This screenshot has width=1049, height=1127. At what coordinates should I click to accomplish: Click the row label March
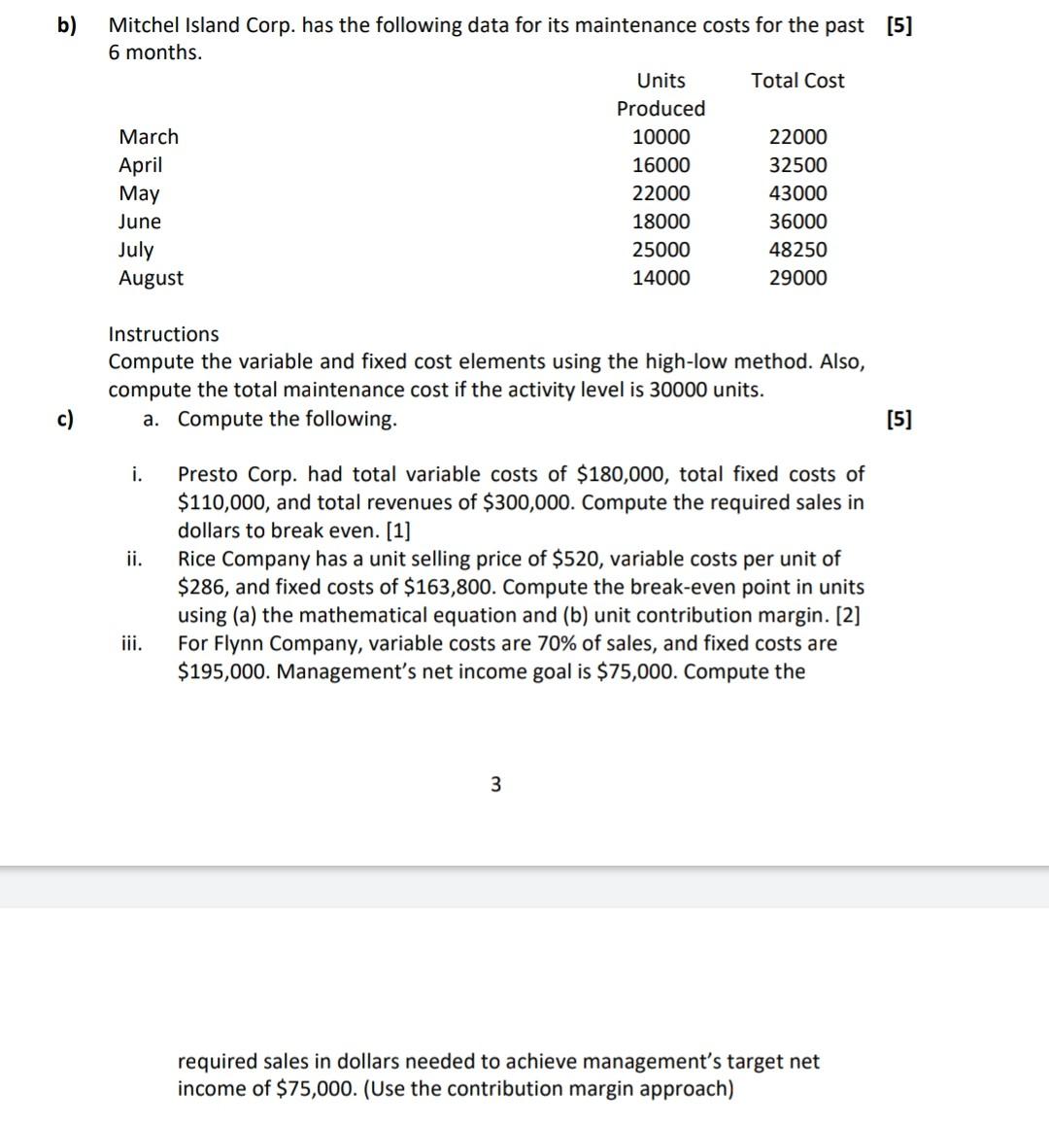click(149, 137)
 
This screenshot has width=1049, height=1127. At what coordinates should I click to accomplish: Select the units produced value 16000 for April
click(661, 165)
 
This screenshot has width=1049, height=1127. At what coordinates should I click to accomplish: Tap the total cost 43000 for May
click(797, 193)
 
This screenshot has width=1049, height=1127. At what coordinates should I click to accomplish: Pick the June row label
click(140, 222)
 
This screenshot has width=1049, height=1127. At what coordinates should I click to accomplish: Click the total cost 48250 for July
click(797, 250)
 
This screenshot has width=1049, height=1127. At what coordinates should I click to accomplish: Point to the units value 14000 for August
click(661, 278)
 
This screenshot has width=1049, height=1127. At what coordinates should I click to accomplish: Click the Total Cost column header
click(797, 81)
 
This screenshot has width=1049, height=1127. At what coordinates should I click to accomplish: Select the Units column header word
click(660, 81)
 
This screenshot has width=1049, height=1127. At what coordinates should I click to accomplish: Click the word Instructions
click(163, 334)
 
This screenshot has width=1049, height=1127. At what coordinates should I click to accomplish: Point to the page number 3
click(495, 784)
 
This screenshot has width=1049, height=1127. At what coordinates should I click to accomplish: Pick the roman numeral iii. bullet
click(133, 643)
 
